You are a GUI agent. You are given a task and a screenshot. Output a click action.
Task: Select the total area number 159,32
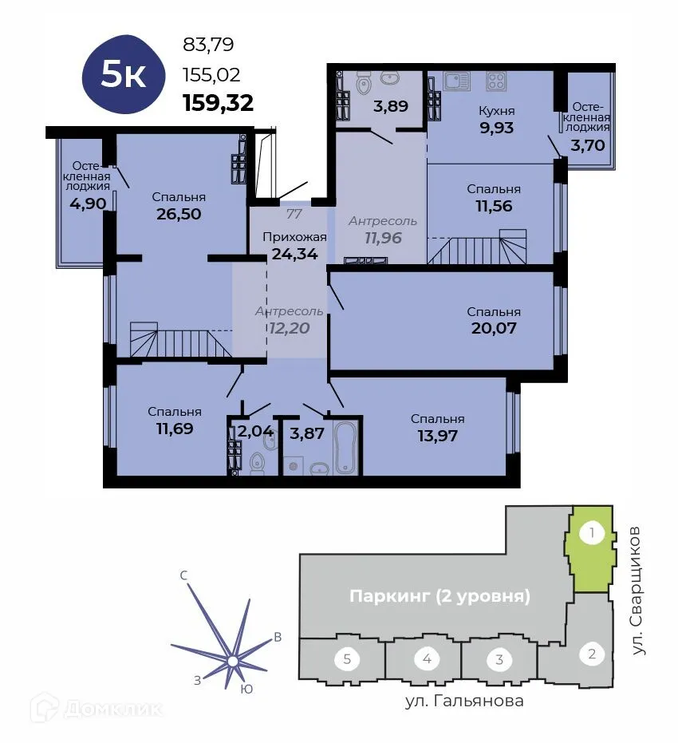[218, 102]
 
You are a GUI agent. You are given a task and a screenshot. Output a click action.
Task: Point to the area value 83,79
[208, 45]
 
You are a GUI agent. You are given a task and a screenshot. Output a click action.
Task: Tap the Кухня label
[497, 111]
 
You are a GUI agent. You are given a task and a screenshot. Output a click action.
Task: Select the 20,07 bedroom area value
[493, 327]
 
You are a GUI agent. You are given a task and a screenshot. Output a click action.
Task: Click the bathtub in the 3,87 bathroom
[345, 448]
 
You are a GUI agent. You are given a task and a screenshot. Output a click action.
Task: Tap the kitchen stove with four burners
[496, 81]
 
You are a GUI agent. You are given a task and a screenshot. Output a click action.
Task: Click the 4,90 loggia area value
[88, 204]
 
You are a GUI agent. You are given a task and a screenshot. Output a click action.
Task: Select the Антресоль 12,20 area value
[288, 327]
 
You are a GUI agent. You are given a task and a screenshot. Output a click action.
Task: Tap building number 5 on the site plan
[347, 659]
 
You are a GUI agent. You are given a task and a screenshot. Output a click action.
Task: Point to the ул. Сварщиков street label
[637, 591]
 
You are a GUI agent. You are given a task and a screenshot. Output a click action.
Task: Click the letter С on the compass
[183, 575]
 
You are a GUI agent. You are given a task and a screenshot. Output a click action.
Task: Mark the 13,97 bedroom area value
[437, 435]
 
